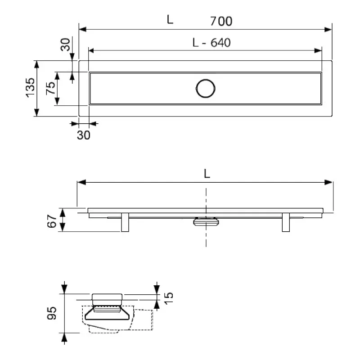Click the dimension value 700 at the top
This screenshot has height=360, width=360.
(221, 21)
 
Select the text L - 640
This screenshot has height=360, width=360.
(211, 43)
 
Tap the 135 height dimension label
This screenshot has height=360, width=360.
(31, 88)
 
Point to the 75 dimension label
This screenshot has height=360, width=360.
(51, 88)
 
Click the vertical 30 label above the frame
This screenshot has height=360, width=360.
(65, 45)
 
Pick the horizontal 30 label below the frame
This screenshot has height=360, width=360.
(84, 135)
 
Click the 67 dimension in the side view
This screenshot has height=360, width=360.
(52, 221)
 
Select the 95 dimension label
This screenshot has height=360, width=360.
(51, 313)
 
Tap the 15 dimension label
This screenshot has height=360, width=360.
(169, 298)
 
